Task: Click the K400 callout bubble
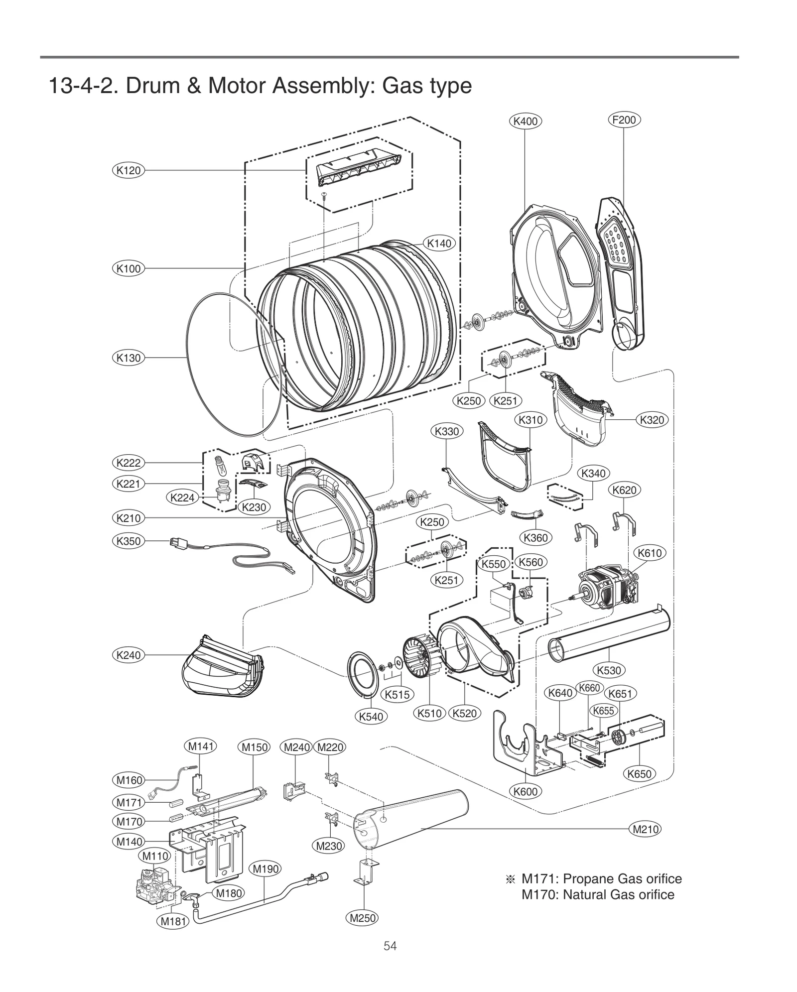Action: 525,121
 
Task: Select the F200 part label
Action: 624,120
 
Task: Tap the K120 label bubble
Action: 129,170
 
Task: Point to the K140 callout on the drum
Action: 439,243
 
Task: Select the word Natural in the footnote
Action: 584,894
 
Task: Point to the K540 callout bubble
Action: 371,717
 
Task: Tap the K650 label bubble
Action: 639,774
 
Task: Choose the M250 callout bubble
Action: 363,918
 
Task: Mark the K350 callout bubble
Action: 129,541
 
